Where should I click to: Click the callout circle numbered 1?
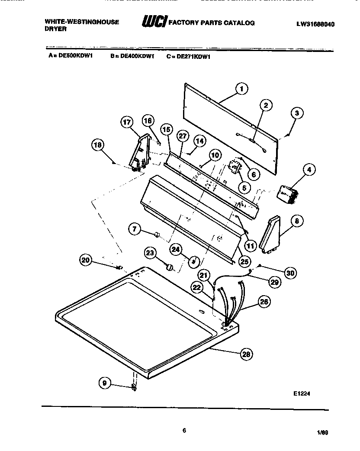click(241, 89)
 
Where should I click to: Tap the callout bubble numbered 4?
click(309, 170)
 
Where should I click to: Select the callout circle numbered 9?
click(105, 383)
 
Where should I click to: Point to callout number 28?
click(247, 354)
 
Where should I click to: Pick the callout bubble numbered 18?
click(98, 145)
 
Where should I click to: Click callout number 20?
click(86, 260)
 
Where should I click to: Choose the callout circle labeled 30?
click(290, 273)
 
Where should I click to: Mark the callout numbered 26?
click(264, 302)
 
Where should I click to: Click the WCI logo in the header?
click(154, 21)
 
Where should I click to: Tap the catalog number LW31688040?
click(315, 24)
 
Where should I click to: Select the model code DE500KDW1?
click(76, 55)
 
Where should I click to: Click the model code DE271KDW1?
click(193, 57)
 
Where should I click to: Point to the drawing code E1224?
click(302, 393)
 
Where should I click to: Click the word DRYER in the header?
click(55, 29)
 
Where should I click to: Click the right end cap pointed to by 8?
click(270, 235)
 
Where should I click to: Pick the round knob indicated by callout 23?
click(170, 267)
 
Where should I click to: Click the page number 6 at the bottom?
click(184, 430)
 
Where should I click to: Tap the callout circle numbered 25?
click(244, 261)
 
